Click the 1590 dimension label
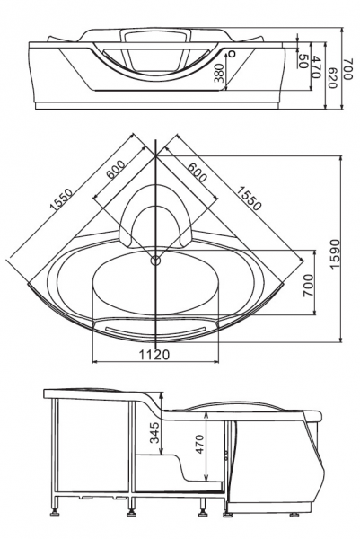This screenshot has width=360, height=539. (x=335, y=253)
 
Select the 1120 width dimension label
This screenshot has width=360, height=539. (x=154, y=354)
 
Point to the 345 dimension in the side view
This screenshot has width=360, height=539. (x=155, y=432)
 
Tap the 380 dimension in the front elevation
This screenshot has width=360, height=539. (x=219, y=74)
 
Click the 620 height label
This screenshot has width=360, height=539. (x=331, y=76)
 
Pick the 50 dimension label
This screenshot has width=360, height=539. (x=303, y=61)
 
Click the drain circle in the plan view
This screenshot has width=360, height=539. (x=155, y=261)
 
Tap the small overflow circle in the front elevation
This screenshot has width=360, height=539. (x=233, y=54)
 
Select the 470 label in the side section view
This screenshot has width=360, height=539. (x=199, y=444)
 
